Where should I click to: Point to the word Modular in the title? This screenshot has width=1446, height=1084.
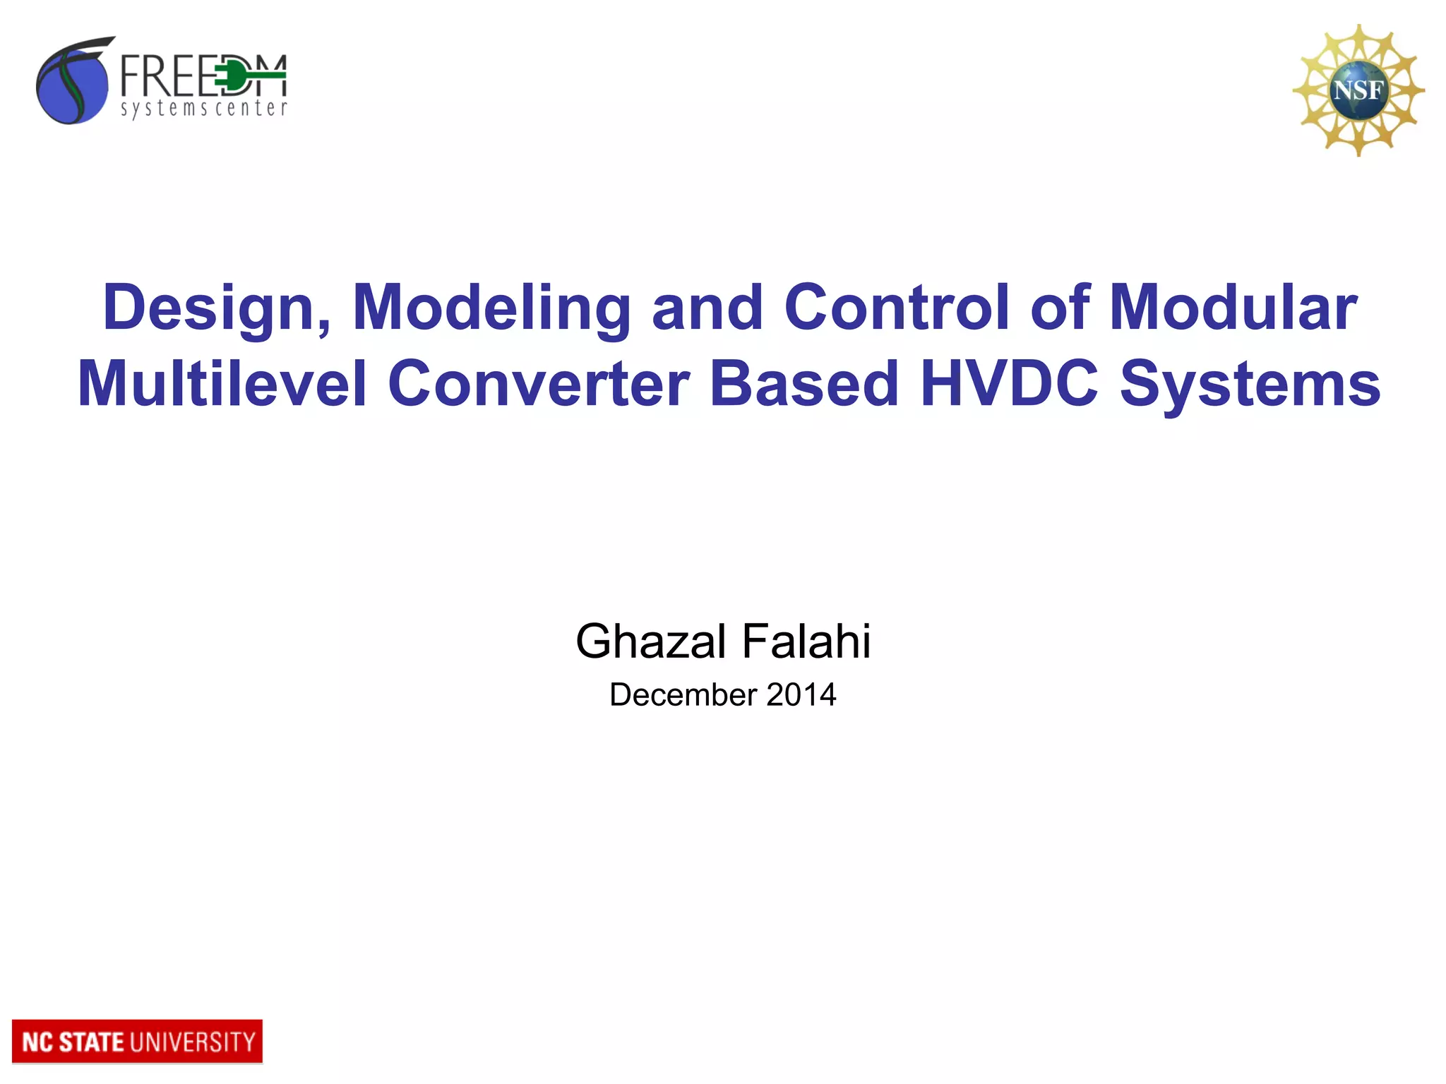point(1233,307)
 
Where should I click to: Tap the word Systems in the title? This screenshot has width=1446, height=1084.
point(1250,385)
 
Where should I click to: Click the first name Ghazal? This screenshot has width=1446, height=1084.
point(650,642)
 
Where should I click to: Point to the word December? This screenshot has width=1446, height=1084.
point(683,695)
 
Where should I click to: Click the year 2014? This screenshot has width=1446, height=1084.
point(801,695)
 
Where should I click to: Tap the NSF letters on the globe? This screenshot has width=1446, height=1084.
point(1358,90)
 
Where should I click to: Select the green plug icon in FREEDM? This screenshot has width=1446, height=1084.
point(233,76)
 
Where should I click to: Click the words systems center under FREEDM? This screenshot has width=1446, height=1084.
point(203,109)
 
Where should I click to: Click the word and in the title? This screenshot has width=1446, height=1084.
point(707,307)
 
